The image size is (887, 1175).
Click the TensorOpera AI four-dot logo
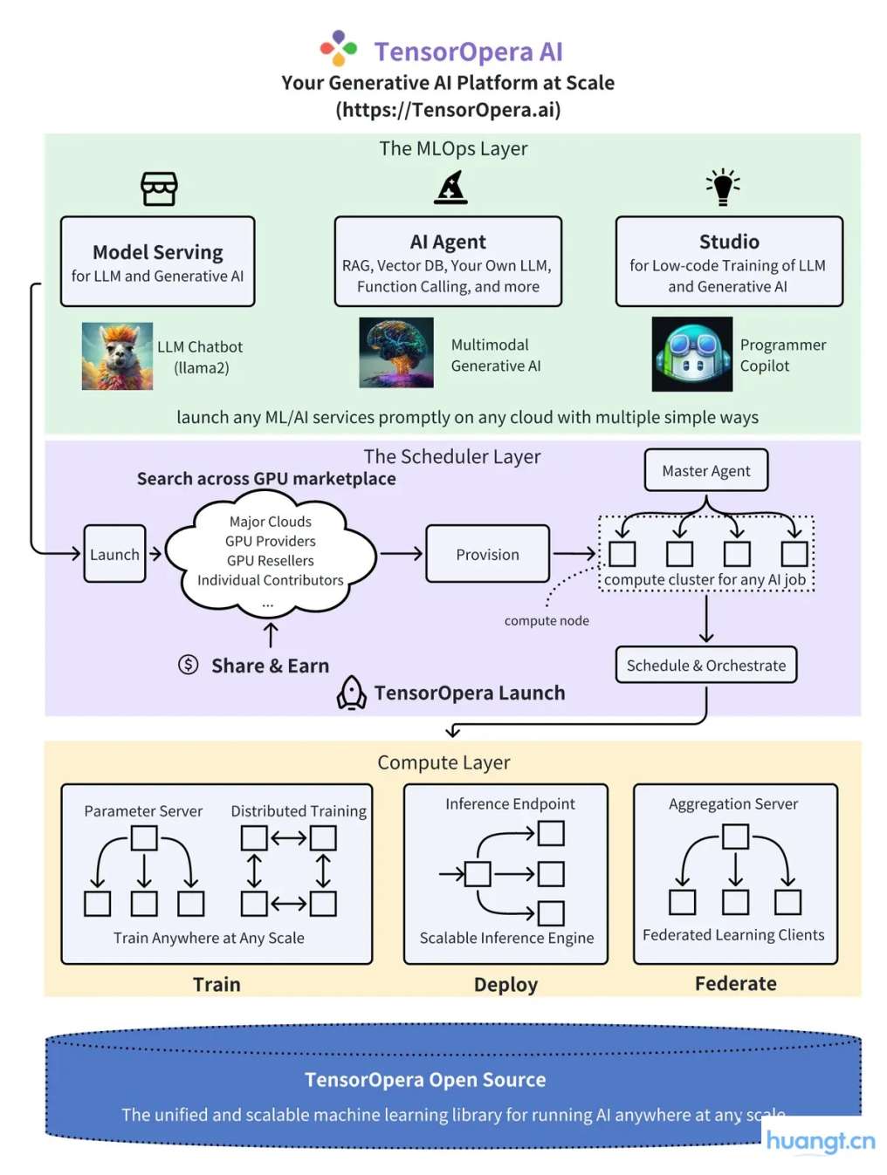tap(339, 49)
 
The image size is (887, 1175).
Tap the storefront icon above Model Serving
tap(159, 188)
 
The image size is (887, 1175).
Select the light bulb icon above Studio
tap(723, 187)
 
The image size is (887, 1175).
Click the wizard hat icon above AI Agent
tap(450, 188)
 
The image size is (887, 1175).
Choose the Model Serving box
tap(158, 262)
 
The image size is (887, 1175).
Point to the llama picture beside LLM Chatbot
tap(117, 356)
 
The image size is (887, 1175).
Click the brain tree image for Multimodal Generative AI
tap(396, 352)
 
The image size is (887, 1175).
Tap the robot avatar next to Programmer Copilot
tap(692, 354)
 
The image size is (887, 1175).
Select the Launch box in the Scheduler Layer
tap(114, 554)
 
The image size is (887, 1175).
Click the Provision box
tap(487, 554)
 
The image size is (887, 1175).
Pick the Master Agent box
tap(705, 471)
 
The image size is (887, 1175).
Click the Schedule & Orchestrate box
tap(705, 666)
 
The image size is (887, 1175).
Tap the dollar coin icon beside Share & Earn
tap(188, 665)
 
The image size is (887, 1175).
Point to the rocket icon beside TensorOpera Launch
tap(351, 693)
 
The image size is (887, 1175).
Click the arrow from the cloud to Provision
tap(402, 553)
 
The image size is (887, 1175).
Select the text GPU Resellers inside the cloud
tap(270, 561)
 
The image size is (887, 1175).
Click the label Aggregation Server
tap(733, 804)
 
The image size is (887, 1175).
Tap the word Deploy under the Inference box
tap(505, 985)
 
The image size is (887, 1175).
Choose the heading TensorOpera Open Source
tap(425, 1080)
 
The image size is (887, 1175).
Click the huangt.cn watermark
tap(820, 1142)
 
